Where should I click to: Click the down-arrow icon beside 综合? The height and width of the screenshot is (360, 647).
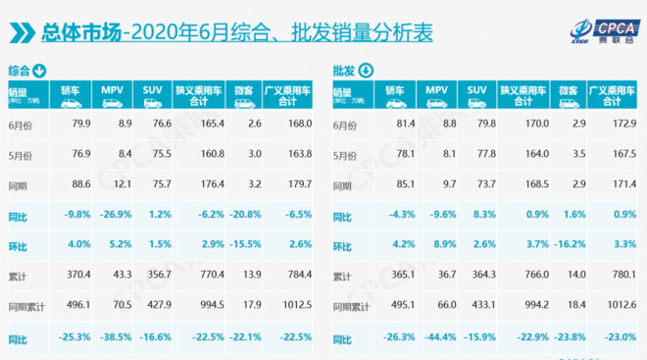pos(40,71)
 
